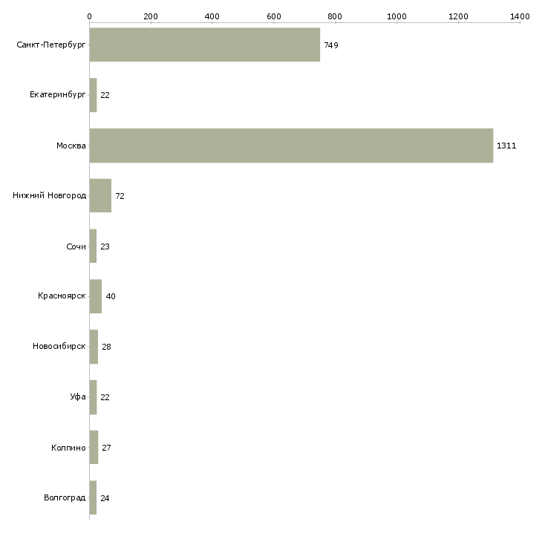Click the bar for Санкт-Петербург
tap(204, 45)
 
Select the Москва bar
tap(291, 146)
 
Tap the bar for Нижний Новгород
tap(100, 196)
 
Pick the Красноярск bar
tap(96, 296)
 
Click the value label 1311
tap(506, 146)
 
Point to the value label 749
tap(331, 45)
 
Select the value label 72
tap(120, 196)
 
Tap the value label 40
tap(111, 296)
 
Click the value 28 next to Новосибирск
tap(106, 347)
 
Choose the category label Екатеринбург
tap(58, 95)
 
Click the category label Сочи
tap(76, 246)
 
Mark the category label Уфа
tap(78, 397)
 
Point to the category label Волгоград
tap(65, 497)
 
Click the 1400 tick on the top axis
tap(520, 16)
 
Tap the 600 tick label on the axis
tap(273, 16)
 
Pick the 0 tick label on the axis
tap(89, 16)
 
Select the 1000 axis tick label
tap(396, 16)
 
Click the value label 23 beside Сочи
tap(105, 246)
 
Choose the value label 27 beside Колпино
tap(106, 448)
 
